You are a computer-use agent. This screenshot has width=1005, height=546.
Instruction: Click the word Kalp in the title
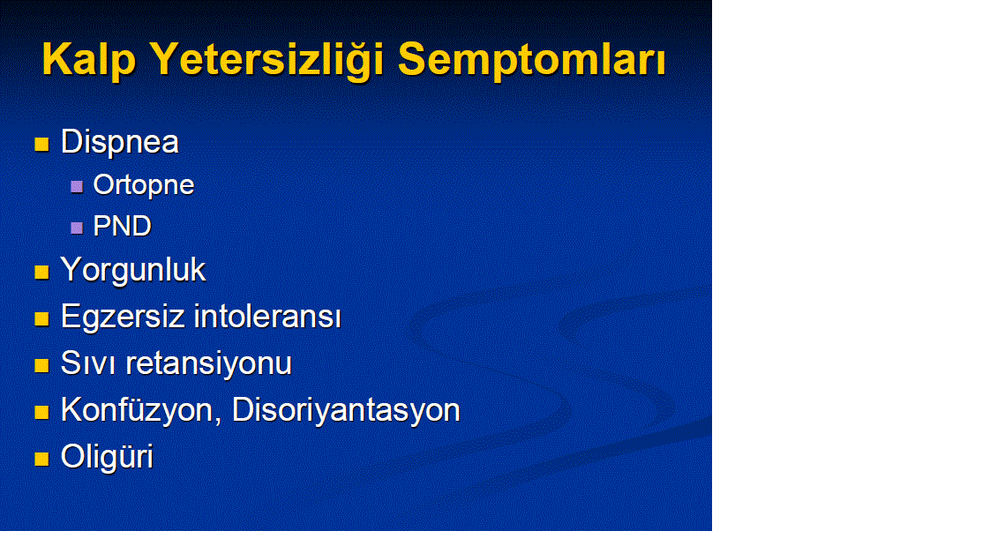click(x=89, y=61)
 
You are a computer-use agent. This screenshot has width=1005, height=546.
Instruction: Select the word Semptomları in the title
click(x=532, y=61)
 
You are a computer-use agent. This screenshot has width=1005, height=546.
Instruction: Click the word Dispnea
click(x=119, y=142)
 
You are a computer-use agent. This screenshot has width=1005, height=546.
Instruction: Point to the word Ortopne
click(x=144, y=185)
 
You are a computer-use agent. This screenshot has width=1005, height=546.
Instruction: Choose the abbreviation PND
click(x=123, y=226)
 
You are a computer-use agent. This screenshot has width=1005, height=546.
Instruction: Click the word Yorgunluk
click(x=132, y=270)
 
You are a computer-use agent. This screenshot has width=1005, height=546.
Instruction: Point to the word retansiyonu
click(x=208, y=363)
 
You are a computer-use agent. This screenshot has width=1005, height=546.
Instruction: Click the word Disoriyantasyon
click(x=346, y=410)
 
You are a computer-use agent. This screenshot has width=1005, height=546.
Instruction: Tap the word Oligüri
click(x=107, y=457)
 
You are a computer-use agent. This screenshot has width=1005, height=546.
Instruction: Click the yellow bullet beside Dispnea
click(x=41, y=144)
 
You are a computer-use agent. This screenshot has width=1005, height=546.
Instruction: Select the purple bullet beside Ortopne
click(x=77, y=186)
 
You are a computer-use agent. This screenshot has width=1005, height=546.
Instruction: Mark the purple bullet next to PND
click(x=77, y=228)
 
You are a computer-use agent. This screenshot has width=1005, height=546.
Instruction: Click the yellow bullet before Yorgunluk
click(x=41, y=273)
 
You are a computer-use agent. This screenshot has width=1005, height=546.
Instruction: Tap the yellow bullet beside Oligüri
click(x=41, y=459)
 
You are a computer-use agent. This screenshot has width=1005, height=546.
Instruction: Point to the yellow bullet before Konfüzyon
click(x=41, y=412)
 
